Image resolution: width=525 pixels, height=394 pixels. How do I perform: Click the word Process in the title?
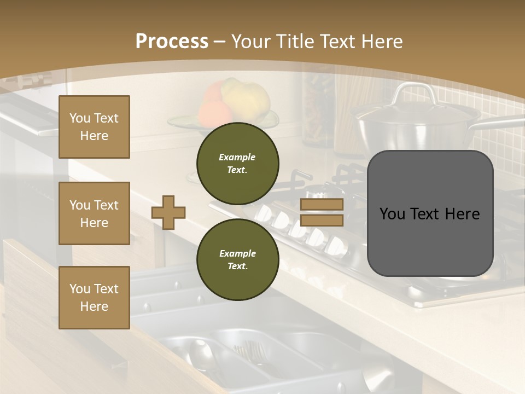click(x=172, y=41)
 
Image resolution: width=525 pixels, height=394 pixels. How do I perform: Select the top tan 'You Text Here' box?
click(x=94, y=127)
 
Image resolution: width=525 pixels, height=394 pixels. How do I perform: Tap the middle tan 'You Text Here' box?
click(x=94, y=213)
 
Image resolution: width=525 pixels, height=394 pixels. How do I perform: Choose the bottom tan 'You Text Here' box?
click(x=94, y=297)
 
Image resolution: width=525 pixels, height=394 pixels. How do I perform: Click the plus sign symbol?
click(x=168, y=212)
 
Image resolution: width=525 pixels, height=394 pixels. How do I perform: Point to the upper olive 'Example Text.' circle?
click(x=237, y=163)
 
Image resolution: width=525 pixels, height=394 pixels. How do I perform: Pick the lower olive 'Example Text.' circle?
click(x=237, y=259)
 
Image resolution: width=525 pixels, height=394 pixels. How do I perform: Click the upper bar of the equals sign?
click(x=322, y=205)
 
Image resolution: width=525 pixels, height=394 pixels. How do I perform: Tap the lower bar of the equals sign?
click(x=322, y=220)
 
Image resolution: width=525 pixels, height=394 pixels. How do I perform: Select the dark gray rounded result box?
click(x=430, y=213)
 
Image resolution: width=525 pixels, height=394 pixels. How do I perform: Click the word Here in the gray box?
click(x=463, y=214)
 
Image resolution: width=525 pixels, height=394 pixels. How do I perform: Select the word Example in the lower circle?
click(x=237, y=253)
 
